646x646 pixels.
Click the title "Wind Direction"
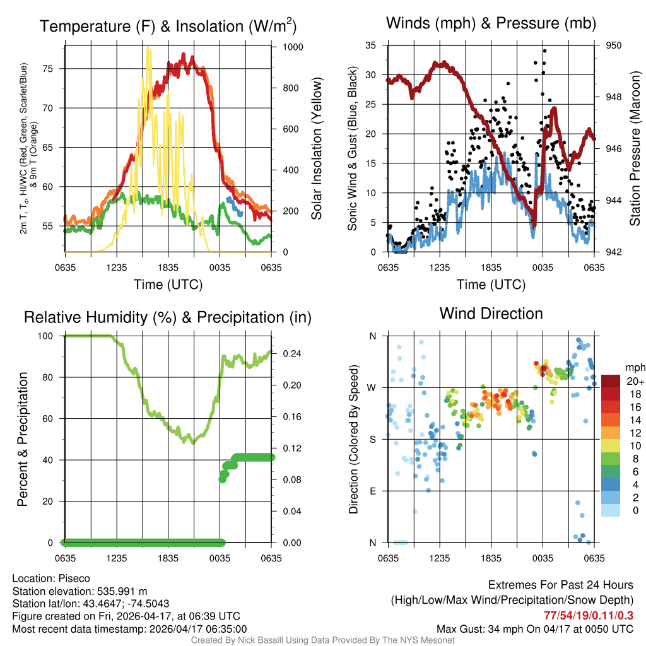[491, 314]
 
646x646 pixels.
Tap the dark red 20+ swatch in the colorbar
[611, 381]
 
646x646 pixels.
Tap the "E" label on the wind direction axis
[373, 491]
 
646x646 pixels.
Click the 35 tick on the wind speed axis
[370, 45]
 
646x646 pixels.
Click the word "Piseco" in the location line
[74, 578]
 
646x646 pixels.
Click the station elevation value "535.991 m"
[122, 591]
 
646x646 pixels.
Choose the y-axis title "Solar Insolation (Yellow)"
[316, 149]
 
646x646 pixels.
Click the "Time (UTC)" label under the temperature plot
[168, 285]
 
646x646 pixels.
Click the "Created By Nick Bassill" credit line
[323, 640]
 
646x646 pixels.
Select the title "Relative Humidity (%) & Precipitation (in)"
[168, 317]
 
